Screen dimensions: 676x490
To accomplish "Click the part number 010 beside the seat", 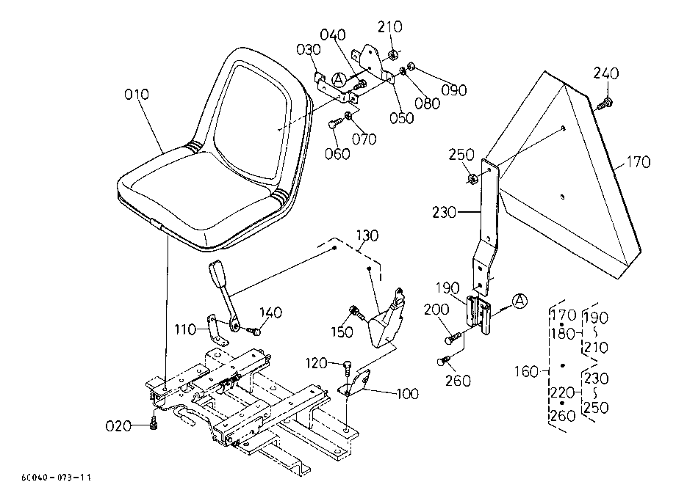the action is click(x=137, y=94).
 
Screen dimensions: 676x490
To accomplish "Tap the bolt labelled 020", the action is click(x=154, y=424).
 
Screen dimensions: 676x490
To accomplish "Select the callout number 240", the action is click(x=605, y=73).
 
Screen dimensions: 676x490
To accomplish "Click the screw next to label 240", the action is click(x=605, y=103).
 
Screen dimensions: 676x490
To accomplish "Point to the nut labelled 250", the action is click(x=472, y=178).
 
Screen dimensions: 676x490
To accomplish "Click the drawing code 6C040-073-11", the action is click(x=56, y=477).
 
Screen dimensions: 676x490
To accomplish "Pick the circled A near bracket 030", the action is click(x=339, y=79).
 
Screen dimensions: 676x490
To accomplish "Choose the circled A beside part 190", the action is click(x=520, y=301).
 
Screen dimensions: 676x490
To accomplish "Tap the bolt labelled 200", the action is click(x=453, y=337).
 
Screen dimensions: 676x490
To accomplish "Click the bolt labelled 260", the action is click(x=444, y=361).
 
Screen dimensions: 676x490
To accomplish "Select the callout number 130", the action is click(x=367, y=235).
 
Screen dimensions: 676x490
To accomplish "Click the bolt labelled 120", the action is click(x=347, y=367).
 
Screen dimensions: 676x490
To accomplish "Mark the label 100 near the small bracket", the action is click(x=407, y=393).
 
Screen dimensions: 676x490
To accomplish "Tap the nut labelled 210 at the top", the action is click(x=392, y=55).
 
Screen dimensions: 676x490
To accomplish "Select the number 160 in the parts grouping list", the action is click(x=526, y=371).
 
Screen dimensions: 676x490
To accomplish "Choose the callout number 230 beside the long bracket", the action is click(x=445, y=212).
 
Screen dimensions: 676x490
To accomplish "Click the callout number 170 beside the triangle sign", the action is click(x=638, y=162).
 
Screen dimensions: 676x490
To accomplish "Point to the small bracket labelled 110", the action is click(x=218, y=331).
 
